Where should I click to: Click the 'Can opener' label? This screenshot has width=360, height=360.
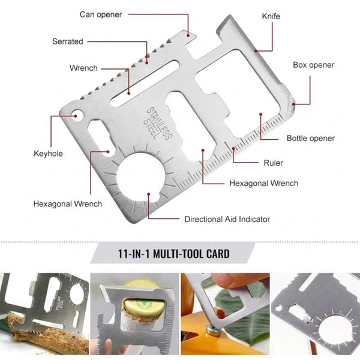coord(101,14)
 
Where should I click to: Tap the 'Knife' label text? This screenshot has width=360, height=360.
coord(271,16)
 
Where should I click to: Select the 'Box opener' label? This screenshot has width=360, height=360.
coord(313,65)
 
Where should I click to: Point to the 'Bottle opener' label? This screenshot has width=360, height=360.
coord(311,138)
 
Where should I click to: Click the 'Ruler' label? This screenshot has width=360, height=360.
coord(273,163)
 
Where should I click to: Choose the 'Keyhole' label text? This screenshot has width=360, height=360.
coord(48,154)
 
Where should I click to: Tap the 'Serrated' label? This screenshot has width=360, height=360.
coord(68,41)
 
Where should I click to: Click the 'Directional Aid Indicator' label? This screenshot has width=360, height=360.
coord(227,219)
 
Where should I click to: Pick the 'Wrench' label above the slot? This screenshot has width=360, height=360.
coord(83,68)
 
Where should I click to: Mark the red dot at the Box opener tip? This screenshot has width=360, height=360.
coord(293,104)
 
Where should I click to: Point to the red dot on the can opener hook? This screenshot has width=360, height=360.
coord(188,35)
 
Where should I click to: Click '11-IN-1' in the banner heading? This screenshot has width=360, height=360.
coord(134,254)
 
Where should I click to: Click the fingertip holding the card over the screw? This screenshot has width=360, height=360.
coord(220,314)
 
